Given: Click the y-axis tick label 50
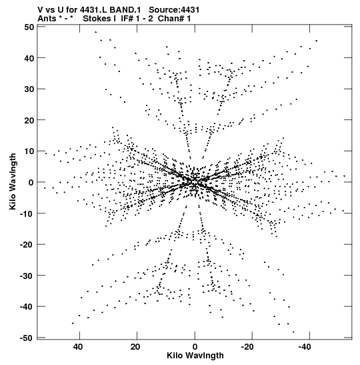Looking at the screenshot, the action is point(29,27).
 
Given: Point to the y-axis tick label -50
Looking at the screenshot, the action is point(27,338).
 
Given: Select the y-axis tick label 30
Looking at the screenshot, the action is point(29,89).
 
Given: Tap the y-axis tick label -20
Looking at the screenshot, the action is point(27,244).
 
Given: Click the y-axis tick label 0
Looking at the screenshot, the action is point(31,183).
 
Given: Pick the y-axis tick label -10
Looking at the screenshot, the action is point(27,214).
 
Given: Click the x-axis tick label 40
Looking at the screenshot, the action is point(78,347).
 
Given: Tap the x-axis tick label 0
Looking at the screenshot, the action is point(195,347).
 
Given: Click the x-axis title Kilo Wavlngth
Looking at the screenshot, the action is point(195,356).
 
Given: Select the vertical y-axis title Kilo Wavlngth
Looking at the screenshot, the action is point(13,181).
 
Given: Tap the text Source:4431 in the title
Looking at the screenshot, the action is point(174,10).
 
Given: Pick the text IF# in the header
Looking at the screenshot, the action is point(127,19).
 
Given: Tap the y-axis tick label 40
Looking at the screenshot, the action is point(29,58).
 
